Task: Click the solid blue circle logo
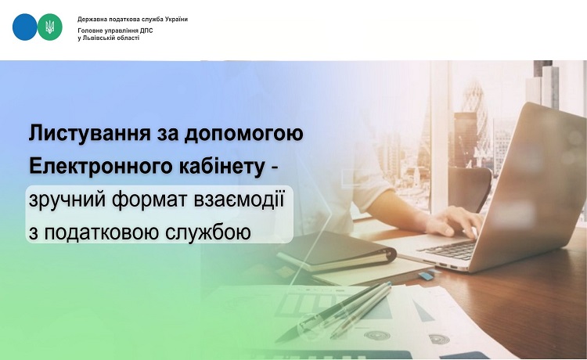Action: [25, 27]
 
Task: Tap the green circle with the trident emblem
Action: [50, 27]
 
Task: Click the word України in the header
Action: [176, 19]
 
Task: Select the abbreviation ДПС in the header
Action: [147, 31]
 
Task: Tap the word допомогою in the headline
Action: [243, 135]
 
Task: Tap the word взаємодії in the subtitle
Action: [239, 199]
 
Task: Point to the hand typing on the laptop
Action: [456, 221]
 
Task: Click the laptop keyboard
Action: [448, 250]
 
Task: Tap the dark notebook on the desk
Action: [337, 250]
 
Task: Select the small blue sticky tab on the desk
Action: [426, 275]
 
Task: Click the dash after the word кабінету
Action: [275, 169]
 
